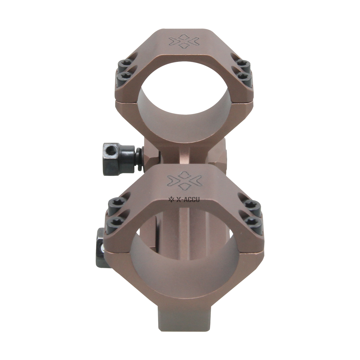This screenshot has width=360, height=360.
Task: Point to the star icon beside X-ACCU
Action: [x=171, y=199]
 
